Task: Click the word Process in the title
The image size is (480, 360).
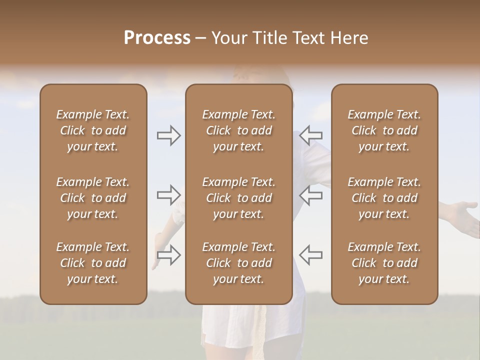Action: pyautogui.click(x=157, y=38)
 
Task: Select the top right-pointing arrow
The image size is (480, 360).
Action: pyautogui.click(x=168, y=135)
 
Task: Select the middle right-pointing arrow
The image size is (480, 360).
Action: pyautogui.click(x=168, y=195)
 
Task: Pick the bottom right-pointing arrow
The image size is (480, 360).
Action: pyautogui.click(x=168, y=254)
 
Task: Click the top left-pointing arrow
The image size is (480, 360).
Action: pyautogui.click(x=311, y=135)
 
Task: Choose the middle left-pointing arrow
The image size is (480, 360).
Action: pyautogui.click(x=311, y=195)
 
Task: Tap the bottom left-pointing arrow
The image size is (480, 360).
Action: pyautogui.click(x=311, y=254)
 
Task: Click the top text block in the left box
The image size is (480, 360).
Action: pyautogui.click(x=93, y=130)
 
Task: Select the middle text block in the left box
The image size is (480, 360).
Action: pyautogui.click(x=93, y=198)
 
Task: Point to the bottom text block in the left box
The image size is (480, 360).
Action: pyautogui.click(x=93, y=263)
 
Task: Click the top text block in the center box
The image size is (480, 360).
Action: pyautogui.click(x=238, y=130)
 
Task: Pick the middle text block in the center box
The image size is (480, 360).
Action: pyautogui.click(x=238, y=198)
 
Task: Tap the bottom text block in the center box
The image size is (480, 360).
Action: pyautogui.click(x=238, y=263)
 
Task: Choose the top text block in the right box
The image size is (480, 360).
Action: pyautogui.click(x=384, y=130)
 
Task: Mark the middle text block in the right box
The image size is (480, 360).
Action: pyautogui.click(x=384, y=198)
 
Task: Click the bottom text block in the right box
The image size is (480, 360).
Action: pyautogui.click(x=384, y=263)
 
